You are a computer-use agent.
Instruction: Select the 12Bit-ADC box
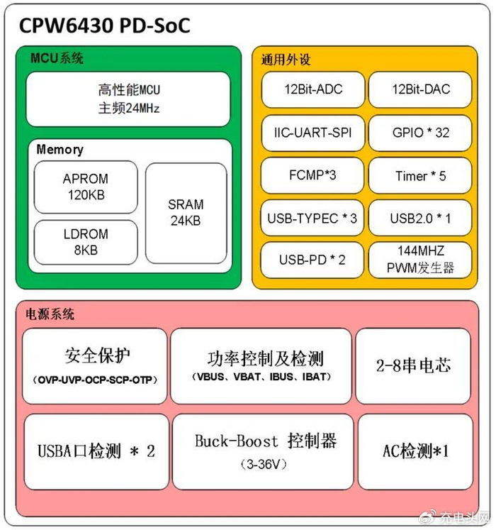pos(312,89)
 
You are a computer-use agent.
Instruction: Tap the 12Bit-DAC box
pos(420,89)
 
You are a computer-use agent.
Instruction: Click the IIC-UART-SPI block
pos(312,133)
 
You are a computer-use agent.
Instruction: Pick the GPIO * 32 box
pos(420,133)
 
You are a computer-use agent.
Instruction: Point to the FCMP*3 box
pos(312,176)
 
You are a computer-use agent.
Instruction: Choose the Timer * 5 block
pos(420,176)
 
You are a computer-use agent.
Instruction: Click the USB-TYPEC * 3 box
pos(312,219)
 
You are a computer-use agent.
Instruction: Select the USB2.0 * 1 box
pos(420,219)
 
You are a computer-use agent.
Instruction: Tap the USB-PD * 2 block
pos(312,260)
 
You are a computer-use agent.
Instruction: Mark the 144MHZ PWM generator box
pos(420,260)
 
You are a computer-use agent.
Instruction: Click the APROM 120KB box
pos(86,187)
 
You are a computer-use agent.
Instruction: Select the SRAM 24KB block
pos(186,213)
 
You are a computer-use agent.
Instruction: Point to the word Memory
pos(60,150)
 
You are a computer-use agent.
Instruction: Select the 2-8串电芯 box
pos(414,365)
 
